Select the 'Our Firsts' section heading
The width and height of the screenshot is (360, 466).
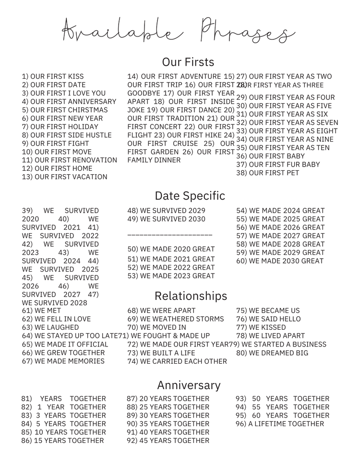click(188, 62)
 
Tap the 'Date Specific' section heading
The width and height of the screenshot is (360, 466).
click(190, 196)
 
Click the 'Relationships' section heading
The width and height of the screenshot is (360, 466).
click(191, 296)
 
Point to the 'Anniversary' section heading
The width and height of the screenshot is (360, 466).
click(189, 385)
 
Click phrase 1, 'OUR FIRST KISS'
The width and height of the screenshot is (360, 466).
click(53, 76)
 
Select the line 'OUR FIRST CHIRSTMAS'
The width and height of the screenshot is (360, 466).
click(65, 110)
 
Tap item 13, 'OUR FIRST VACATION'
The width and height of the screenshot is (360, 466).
click(65, 177)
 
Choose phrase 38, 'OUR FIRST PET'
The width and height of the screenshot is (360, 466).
click(267, 173)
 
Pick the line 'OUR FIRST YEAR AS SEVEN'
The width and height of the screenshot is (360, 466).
click(287, 122)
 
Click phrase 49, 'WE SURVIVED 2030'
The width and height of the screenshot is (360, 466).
click(166, 219)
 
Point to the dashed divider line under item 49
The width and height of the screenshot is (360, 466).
click(170, 235)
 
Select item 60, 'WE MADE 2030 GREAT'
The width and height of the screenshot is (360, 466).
click(280, 261)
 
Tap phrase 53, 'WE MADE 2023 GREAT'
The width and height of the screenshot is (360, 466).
click(171, 276)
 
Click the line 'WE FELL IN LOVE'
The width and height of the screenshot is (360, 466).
click(56, 319)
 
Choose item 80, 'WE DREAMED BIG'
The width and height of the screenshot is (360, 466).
click(272, 353)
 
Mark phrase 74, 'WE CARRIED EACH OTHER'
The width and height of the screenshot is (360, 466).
click(177, 361)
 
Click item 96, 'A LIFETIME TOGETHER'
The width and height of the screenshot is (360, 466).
click(279, 424)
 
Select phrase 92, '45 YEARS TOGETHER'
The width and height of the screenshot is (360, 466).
click(168, 441)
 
